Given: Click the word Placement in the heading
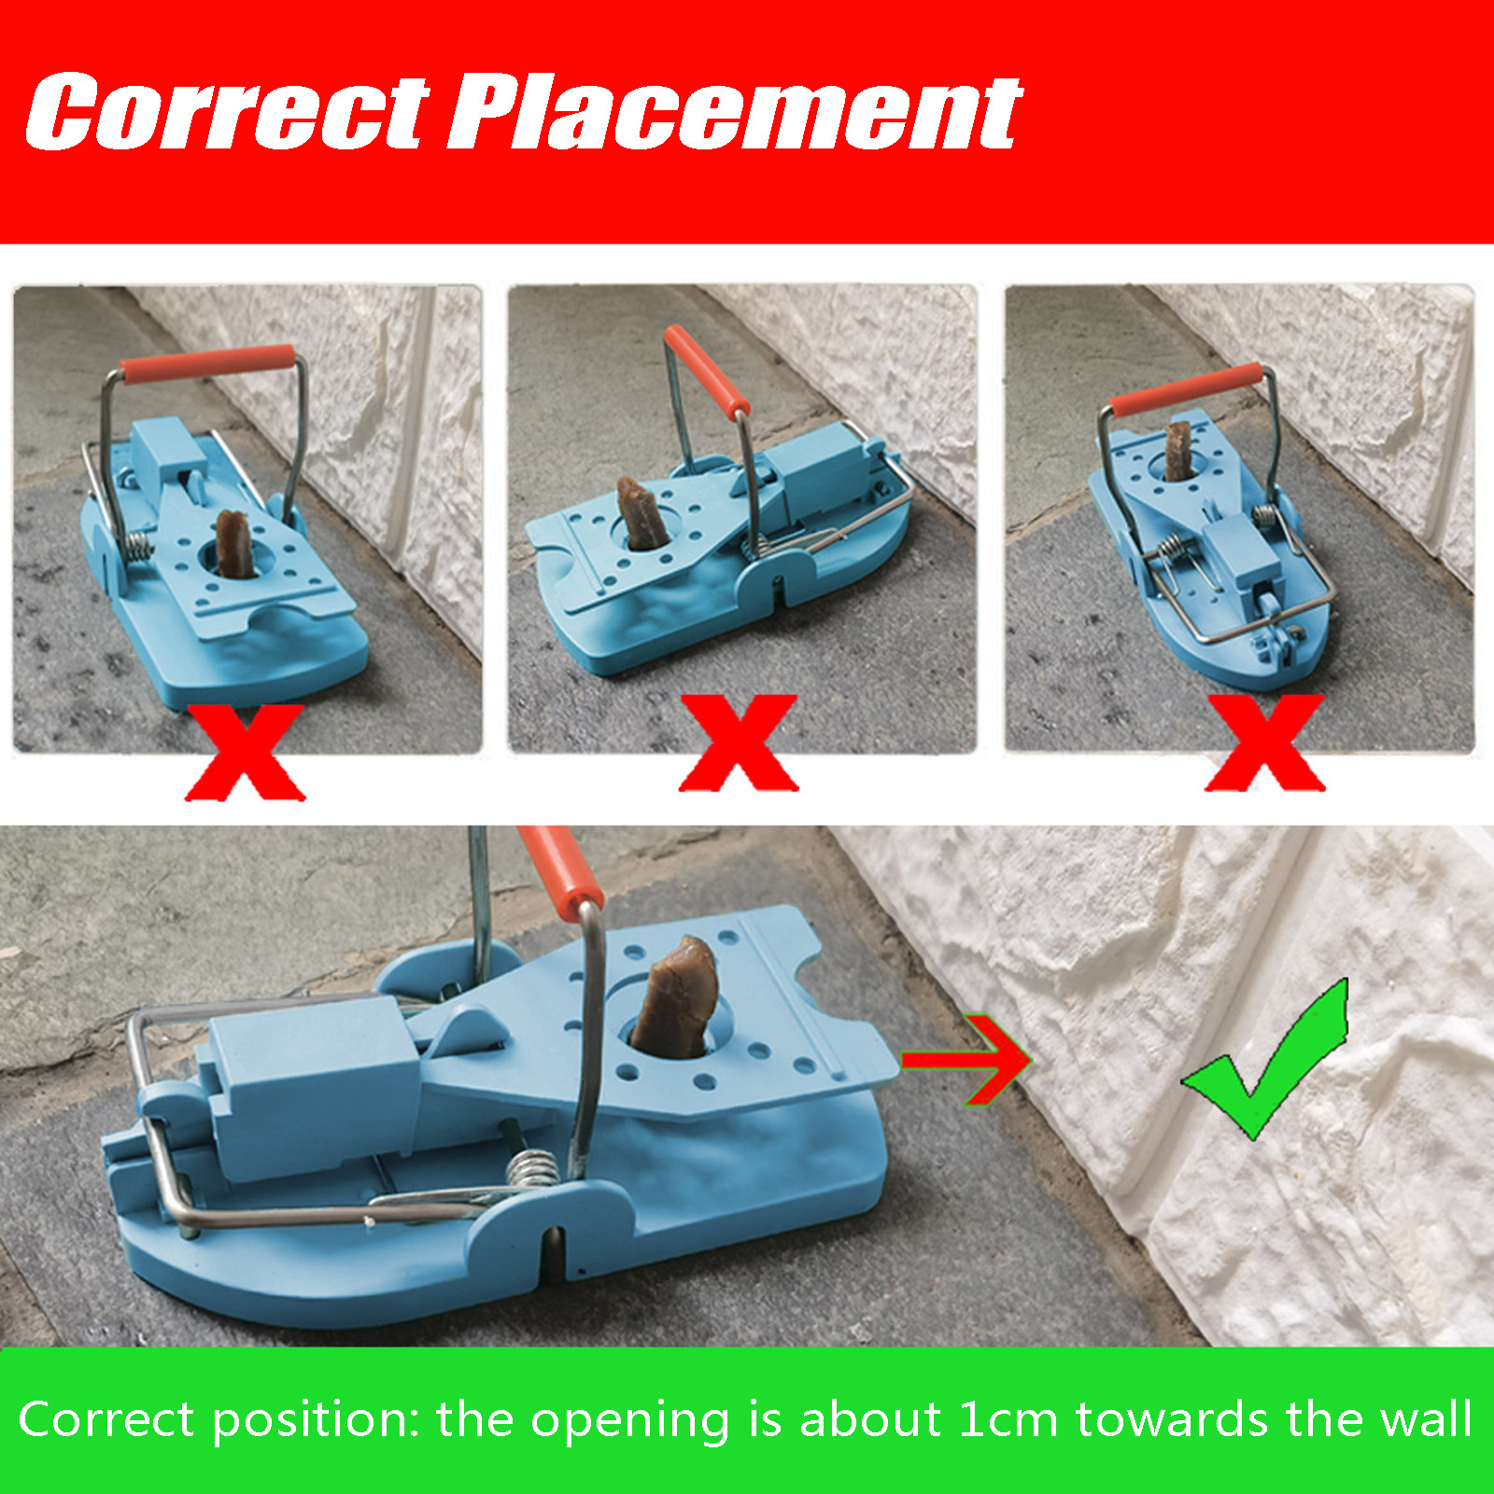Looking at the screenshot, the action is coord(736,113).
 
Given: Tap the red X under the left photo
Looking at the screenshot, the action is coord(246,753).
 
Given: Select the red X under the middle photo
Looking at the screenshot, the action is coord(739,743).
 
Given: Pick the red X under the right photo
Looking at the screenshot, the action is coord(1265,743).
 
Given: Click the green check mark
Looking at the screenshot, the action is coord(1267,1060).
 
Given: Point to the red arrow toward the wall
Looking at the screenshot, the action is coord(966,1059).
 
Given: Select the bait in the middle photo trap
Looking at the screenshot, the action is coord(641,514).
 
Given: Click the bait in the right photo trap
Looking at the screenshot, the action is coord(1178,451).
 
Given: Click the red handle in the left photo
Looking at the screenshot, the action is coord(208,364).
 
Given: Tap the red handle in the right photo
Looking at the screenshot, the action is coord(1187,390).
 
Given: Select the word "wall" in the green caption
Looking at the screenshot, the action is coord(1427,1418).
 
